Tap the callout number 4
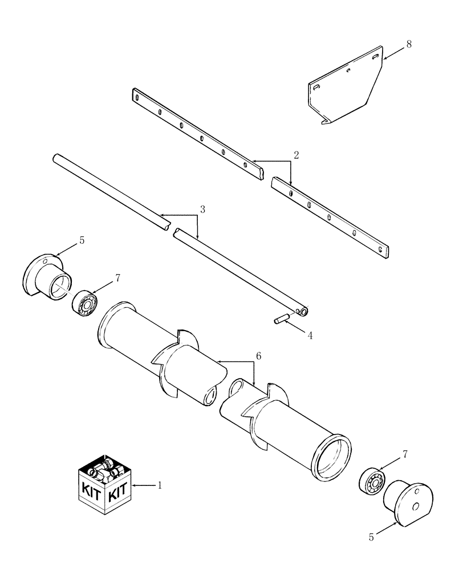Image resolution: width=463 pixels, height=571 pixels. point(310,336)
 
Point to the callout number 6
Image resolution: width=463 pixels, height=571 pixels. point(258,356)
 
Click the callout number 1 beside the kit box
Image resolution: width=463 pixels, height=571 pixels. point(160,486)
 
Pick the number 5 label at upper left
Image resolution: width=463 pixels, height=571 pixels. point(81,242)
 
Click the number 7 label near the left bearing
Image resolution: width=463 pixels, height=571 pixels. point(117,278)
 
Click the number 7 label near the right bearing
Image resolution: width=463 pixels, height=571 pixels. point(405,454)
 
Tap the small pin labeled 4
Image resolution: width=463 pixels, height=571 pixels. point(282,320)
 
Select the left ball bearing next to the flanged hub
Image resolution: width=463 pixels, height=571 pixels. point(85,303)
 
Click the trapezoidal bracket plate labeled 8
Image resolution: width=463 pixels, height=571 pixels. point(348,91)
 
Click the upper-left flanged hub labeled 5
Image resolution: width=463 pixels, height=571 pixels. point(49,279)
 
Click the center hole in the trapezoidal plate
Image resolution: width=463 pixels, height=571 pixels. point(347,71)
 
